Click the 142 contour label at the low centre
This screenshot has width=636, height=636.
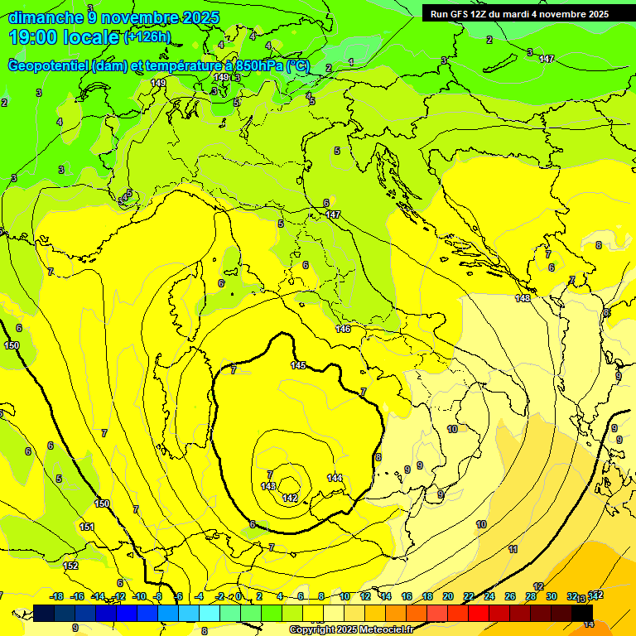tap(290, 498)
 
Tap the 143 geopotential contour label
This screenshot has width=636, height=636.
tap(268, 486)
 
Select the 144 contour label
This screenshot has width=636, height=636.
tap(335, 478)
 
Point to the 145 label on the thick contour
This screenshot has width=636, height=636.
tap(298, 365)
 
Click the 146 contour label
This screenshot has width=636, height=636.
tap(343, 330)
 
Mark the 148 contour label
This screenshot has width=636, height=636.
tap(523, 298)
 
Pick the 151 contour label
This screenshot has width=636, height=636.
tap(87, 527)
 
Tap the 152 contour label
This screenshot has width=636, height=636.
tap(70, 566)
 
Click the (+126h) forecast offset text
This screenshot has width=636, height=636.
tap(147, 37)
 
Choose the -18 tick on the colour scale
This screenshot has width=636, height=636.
tap(57, 596)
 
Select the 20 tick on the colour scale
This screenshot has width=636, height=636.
tap(448, 596)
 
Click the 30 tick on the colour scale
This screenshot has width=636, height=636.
tap(552, 596)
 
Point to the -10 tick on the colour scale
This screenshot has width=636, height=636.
tap(140, 596)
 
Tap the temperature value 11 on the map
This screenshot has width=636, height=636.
tap(513, 549)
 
